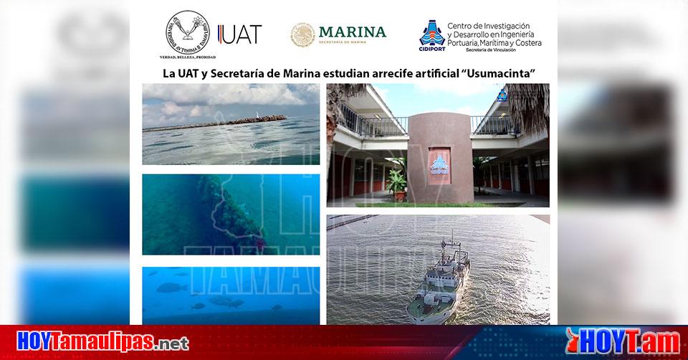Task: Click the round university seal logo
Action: click(x=188, y=31)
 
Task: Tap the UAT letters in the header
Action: click(x=241, y=34)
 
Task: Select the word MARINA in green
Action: click(x=352, y=32)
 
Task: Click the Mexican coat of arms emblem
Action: click(x=302, y=34)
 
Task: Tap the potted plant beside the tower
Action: click(x=396, y=182)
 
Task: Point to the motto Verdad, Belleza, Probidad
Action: click(x=188, y=57)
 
